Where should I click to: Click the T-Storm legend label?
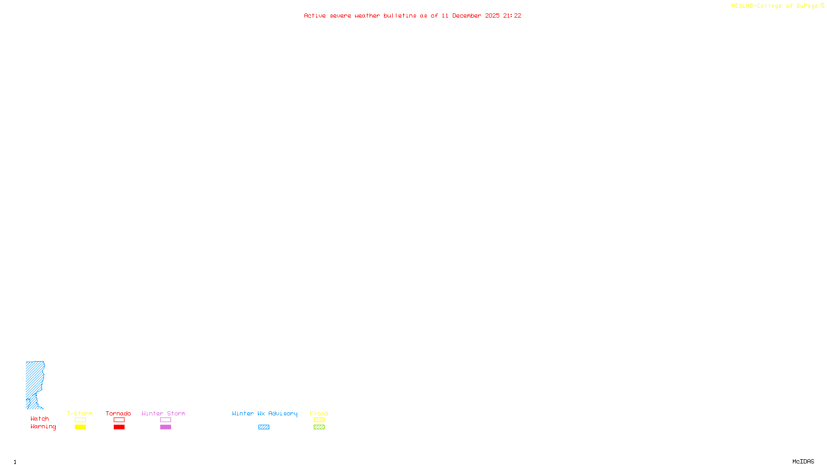(x=80, y=413)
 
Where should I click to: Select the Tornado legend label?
(x=118, y=413)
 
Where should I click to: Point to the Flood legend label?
(x=319, y=413)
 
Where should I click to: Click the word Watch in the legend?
(x=40, y=419)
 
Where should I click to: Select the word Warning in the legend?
(x=43, y=427)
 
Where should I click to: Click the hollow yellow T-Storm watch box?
(x=80, y=420)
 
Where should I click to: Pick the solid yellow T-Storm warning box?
(x=80, y=427)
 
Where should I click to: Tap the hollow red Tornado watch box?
(x=119, y=420)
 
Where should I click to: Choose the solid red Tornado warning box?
(x=119, y=427)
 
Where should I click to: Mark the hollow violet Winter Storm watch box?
(x=165, y=420)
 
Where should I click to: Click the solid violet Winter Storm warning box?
(x=165, y=427)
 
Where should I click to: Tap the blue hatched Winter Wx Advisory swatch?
(x=264, y=427)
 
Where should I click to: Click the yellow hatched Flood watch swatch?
(x=319, y=420)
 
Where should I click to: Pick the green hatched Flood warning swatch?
(x=319, y=427)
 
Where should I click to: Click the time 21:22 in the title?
(x=512, y=16)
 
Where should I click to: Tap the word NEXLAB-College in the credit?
(x=756, y=6)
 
